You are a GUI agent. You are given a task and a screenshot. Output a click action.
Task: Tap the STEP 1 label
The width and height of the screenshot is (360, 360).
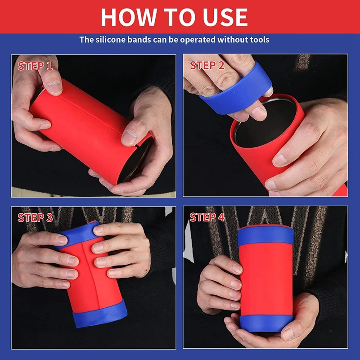pos(35,66)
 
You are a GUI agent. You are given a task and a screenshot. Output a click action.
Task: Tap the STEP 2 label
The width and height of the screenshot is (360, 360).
pos(207,65)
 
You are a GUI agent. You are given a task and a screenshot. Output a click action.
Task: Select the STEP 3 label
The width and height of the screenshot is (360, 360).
pos(35,218)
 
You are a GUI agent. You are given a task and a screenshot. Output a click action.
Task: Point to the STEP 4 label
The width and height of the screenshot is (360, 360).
pos(207,217)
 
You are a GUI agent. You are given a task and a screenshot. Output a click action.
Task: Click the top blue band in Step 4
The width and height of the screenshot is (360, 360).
pos(265,236)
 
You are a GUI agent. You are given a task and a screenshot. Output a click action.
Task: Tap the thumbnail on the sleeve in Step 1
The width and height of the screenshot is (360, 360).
pos(55,87)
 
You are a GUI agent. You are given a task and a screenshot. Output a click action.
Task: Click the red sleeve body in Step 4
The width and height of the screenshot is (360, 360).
pos(265,279)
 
